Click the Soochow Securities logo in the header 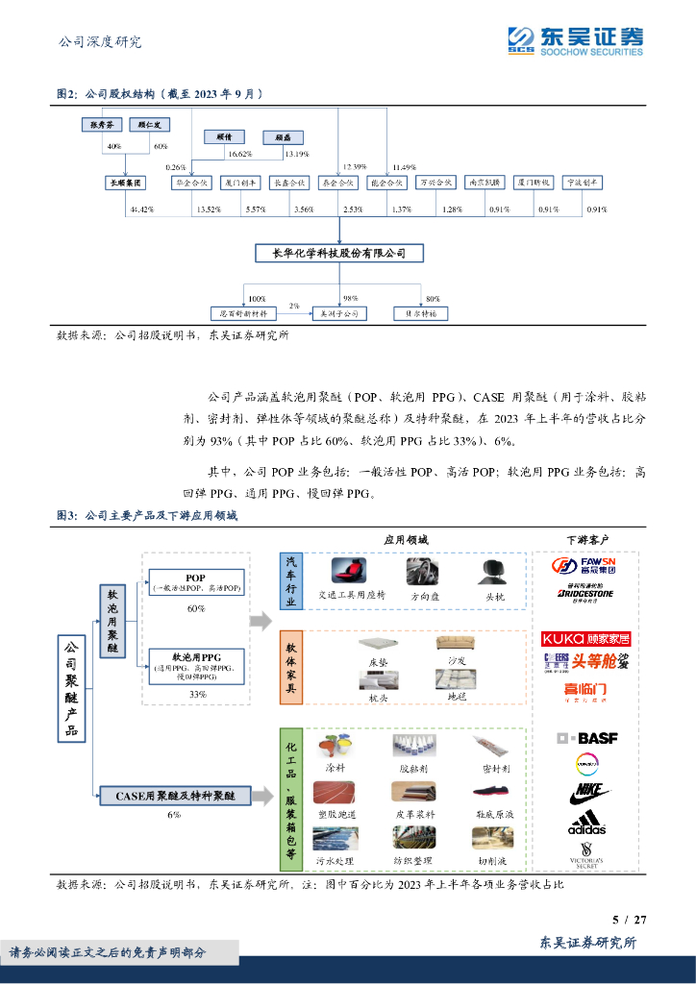tap(575, 40)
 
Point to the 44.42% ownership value tap(141, 209)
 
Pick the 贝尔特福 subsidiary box tap(420, 313)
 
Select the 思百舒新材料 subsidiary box tap(244, 313)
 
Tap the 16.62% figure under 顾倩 tap(239, 154)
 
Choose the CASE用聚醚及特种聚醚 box tap(174, 796)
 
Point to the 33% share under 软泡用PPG tap(197, 693)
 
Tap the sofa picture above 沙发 tap(455, 644)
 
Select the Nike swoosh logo tap(587, 794)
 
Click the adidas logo tap(586, 824)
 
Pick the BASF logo tap(587, 738)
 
